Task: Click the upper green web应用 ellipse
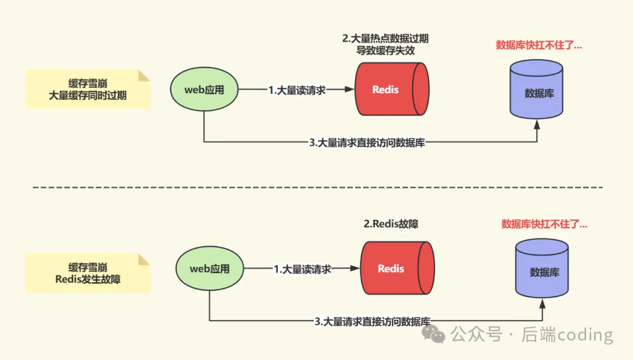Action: tap(204, 90)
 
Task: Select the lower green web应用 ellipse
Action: tap(209, 269)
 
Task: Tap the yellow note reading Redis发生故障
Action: tap(88, 273)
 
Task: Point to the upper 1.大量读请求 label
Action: tap(297, 90)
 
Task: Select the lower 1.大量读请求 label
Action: tap(302, 269)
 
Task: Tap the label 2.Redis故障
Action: tap(391, 223)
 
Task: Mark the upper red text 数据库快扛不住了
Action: tap(539, 45)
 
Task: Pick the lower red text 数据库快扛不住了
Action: tap(544, 224)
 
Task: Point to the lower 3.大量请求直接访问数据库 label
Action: tap(373, 321)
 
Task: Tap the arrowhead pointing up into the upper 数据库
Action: tap(536, 124)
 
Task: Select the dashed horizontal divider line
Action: tap(316, 188)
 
